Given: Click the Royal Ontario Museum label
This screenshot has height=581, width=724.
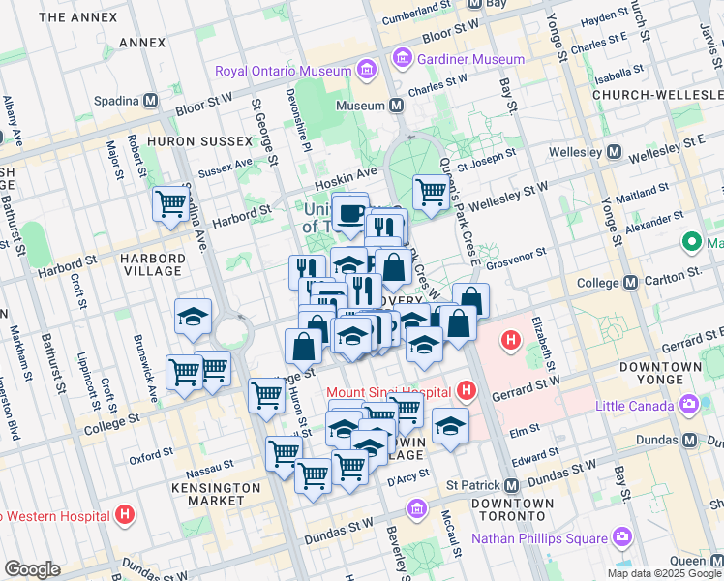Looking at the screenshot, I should [x=283, y=71].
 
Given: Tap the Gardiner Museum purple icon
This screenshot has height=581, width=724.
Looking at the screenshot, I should [x=402, y=60].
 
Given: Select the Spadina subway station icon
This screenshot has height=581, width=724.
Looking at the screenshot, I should [x=150, y=101].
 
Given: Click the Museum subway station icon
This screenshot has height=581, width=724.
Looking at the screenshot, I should [x=397, y=105].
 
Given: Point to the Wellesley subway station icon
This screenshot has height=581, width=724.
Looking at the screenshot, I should [x=614, y=153].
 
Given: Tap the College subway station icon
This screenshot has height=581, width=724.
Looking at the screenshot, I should [x=631, y=282].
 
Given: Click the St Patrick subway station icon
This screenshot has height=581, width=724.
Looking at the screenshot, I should [x=511, y=484].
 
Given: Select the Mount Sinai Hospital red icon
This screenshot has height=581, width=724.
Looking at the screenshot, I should [x=468, y=392].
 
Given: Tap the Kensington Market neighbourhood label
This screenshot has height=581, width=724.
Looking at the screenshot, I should [x=216, y=494].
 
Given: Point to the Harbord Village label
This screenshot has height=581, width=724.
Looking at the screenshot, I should [x=152, y=264].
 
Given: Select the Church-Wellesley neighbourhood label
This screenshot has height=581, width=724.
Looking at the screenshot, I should [x=658, y=95].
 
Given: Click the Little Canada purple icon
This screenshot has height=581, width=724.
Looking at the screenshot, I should [x=691, y=406].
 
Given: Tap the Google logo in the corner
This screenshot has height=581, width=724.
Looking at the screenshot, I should [x=32, y=568].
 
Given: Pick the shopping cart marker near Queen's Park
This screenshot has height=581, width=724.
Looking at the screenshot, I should [x=430, y=191].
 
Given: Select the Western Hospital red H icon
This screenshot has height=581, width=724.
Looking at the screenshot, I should [x=124, y=515].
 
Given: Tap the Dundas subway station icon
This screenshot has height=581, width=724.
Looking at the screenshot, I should [x=690, y=439].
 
